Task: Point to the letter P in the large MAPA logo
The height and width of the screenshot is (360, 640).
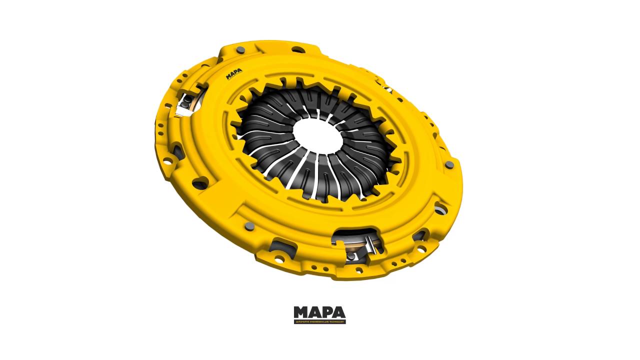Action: [327, 312]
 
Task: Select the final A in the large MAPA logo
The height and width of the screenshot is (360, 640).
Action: [338, 312]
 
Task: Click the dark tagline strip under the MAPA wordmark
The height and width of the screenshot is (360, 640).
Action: [319, 322]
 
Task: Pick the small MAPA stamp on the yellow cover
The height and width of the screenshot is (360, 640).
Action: [233, 75]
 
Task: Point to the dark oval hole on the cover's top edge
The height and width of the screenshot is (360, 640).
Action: [298, 49]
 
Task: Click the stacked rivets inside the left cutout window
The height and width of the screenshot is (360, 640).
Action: [186, 102]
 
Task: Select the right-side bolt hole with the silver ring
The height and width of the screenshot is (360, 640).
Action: [440, 208]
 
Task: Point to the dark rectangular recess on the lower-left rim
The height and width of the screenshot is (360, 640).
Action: [277, 246]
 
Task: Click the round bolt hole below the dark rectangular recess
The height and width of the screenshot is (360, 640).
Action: [278, 259]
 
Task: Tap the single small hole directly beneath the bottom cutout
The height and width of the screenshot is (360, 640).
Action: [357, 270]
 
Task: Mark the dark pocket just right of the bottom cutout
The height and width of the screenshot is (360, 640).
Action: [418, 234]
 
